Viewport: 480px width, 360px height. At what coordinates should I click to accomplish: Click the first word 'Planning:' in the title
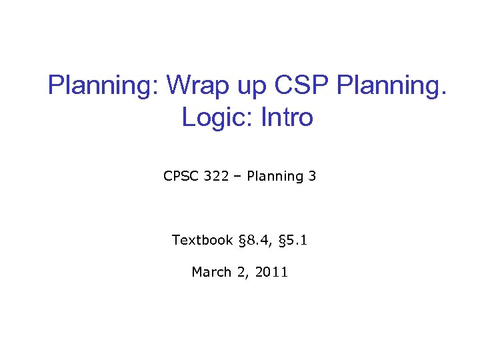tap(103, 85)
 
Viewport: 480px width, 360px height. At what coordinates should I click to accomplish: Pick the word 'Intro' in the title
tap(287, 117)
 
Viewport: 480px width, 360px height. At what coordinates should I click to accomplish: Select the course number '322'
tap(216, 176)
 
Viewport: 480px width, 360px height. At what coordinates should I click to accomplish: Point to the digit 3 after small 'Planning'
tap(312, 176)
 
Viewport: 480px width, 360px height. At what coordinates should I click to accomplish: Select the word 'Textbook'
tap(202, 240)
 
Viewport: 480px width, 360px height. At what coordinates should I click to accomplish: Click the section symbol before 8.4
tap(241, 240)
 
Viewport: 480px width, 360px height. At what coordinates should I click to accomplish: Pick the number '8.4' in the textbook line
tap(256, 240)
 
